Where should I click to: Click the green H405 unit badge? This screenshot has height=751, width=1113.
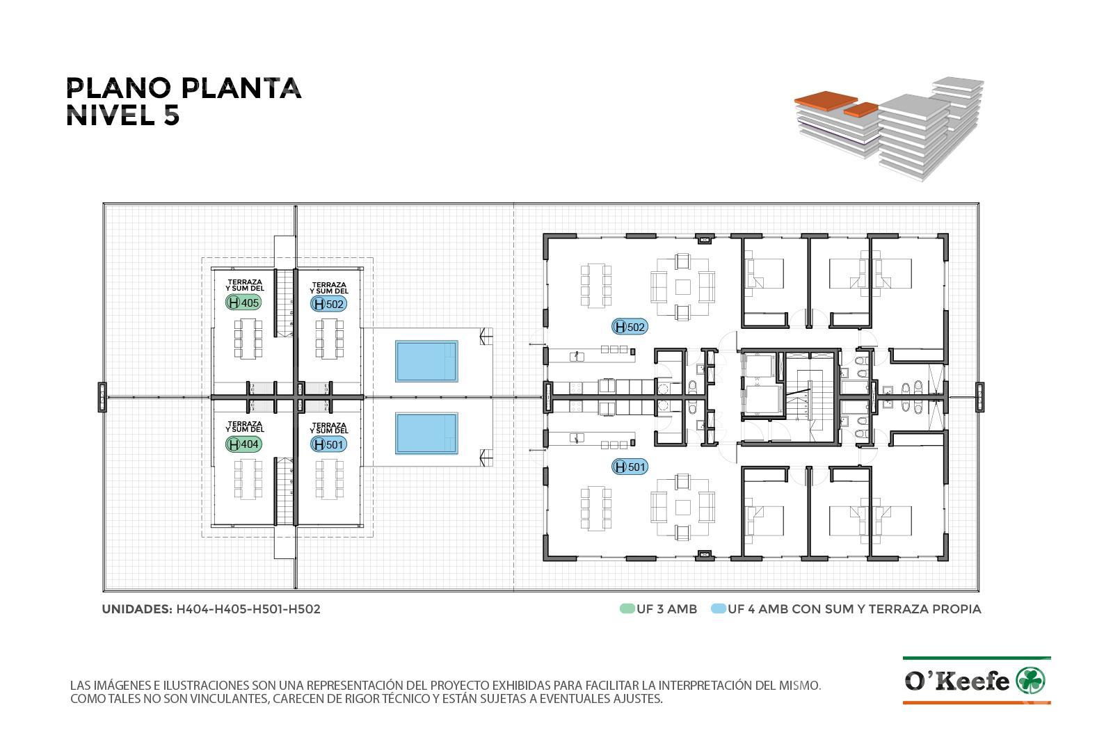pyautogui.click(x=243, y=302)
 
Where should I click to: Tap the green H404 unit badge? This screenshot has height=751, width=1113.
pyautogui.click(x=243, y=444)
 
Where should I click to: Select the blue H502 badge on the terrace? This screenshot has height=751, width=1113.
pyautogui.click(x=328, y=304)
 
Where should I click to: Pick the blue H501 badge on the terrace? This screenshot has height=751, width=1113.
pyautogui.click(x=328, y=444)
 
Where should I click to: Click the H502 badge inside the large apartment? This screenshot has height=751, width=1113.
pyautogui.click(x=630, y=327)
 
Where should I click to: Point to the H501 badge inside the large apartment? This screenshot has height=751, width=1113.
pyautogui.click(x=630, y=467)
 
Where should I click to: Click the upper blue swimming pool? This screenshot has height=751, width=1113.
pyautogui.click(x=426, y=361)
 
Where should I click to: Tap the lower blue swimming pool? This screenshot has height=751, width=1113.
pyautogui.click(x=426, y=434)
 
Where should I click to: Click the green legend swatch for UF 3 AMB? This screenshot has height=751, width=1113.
pyautogui.click(x=627, y=609)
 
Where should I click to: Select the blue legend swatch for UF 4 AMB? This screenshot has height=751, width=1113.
pyautogui.click(x=719, y=609)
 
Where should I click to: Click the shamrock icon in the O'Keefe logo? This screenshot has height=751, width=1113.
pyautogui.click(x=1030, y=681)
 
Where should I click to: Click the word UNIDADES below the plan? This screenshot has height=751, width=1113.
pyautogui.click(x=137, y=609)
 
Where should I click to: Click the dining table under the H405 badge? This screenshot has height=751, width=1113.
pyautogui.click(x=248, y=338)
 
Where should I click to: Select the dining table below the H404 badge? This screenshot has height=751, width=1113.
pyautogui.click(x=248, y=479)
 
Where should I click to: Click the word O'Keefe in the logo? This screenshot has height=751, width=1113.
pyautogui.click(x=957, y=681)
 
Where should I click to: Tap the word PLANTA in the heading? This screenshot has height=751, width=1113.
pyautogui.click(x=241, y=88)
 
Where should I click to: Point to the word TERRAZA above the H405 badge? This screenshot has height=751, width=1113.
pyautogui.click(x=245, y=282)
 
